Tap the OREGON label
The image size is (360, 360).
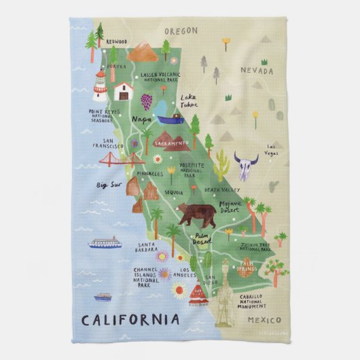click(180, 31)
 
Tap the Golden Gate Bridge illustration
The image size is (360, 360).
click(120, 161)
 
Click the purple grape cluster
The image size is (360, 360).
click(146, 101)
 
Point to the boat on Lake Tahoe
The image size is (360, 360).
click(170, 119)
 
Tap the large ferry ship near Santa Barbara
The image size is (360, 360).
click(105, 242)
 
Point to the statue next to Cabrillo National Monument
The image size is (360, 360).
click(230, 295)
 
